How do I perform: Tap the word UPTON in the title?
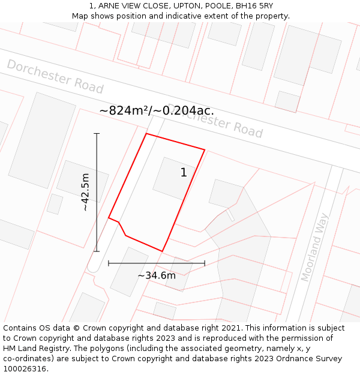coord(176,6)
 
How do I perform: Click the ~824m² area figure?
coord(124,110)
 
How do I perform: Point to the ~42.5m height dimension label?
coord(85,192)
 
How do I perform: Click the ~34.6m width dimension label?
coord(157,275)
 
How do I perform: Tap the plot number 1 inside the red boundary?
coord(184,173)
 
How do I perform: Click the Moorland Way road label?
coord(316,247)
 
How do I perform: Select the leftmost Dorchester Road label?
coord(55,76)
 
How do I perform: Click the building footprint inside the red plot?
coord(174,178)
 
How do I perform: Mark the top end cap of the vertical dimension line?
coord(97,133)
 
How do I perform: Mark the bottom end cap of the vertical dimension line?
coord(97,251)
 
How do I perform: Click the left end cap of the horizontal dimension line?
coord(109,263)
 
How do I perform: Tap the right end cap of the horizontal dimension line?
coord(205,263)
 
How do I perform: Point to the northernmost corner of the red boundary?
coord(146,133)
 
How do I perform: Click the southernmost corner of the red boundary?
coord(163,251)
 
